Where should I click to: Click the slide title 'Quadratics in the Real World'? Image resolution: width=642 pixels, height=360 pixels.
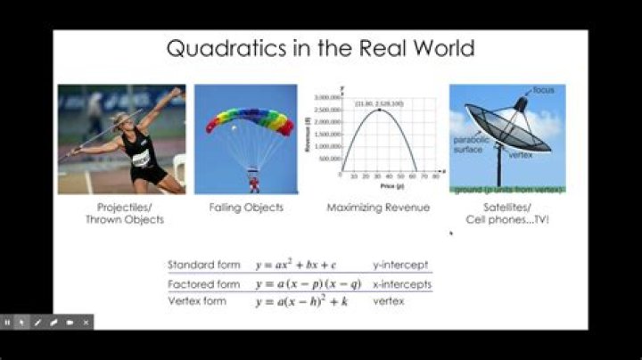(x=320, y=47)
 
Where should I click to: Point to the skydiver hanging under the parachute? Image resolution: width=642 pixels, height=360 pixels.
(x=254, y=183)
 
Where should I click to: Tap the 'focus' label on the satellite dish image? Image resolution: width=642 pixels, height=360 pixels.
(x=545, y=91)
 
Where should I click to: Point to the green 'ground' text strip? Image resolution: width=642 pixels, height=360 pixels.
(x=506, y=190)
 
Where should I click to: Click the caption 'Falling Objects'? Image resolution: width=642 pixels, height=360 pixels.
(x=246, y=208)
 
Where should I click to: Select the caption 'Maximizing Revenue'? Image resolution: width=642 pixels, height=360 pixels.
(x=379, y=208)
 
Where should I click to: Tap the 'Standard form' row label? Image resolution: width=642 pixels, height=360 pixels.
(x=204, y=266)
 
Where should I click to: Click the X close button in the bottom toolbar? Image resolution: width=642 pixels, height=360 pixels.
(x=86, y=322)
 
